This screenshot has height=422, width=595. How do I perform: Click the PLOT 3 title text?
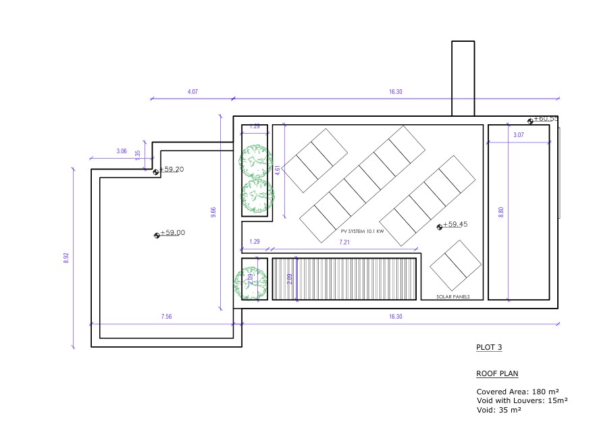click(x=489, y=348)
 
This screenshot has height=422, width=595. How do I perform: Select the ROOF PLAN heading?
click(x=497, y=373)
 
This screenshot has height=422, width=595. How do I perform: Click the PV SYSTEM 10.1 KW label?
click(x=362, y=232)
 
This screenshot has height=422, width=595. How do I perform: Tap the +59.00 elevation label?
click(x=172, y=233)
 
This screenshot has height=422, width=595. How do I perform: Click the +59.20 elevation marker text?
click(x=172, y=169)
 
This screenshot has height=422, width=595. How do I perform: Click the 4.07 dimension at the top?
click(x=192, y=92)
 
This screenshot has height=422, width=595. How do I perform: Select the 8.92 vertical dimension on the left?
click(x=66, y=259)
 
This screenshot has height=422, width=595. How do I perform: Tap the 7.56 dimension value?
click(x=165, y=317)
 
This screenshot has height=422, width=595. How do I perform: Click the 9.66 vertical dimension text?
click(x=213, y=212)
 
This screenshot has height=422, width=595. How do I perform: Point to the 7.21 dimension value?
click(x=344, y=242)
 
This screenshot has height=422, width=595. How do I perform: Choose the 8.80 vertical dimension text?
click(x=500, y=212)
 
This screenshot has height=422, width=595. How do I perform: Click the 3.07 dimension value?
click(x=518, y=136)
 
